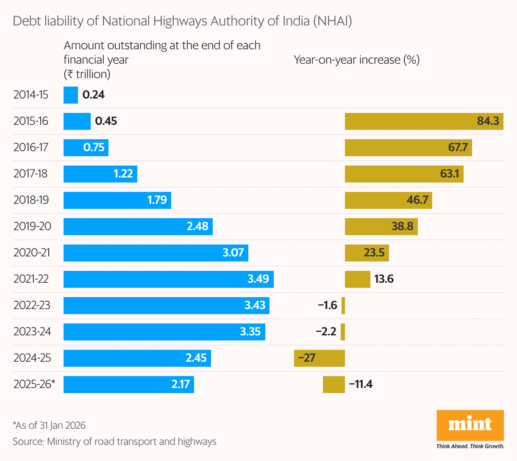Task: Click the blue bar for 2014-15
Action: (71, 95)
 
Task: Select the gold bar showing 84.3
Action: (424, 121)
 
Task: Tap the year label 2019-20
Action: (32, 226)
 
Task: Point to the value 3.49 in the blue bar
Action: (258, 279)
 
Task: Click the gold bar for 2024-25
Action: (320, 358)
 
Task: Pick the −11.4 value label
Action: (361, 384)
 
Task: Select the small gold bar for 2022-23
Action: (343, 306)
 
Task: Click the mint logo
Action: (470, 425)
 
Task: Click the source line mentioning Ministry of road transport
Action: (114, 441)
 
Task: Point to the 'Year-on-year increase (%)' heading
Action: (356, 60)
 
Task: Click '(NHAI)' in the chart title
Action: (332, 21)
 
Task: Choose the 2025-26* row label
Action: (34, 384)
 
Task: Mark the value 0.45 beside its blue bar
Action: (106, 121)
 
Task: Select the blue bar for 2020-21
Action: (156, 253)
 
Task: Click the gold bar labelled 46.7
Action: (388, 200)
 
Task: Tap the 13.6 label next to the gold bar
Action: (384, 279)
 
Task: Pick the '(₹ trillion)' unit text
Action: (87, 74)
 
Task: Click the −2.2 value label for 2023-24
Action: (326, 332)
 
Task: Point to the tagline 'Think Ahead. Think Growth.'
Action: (470, 446)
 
